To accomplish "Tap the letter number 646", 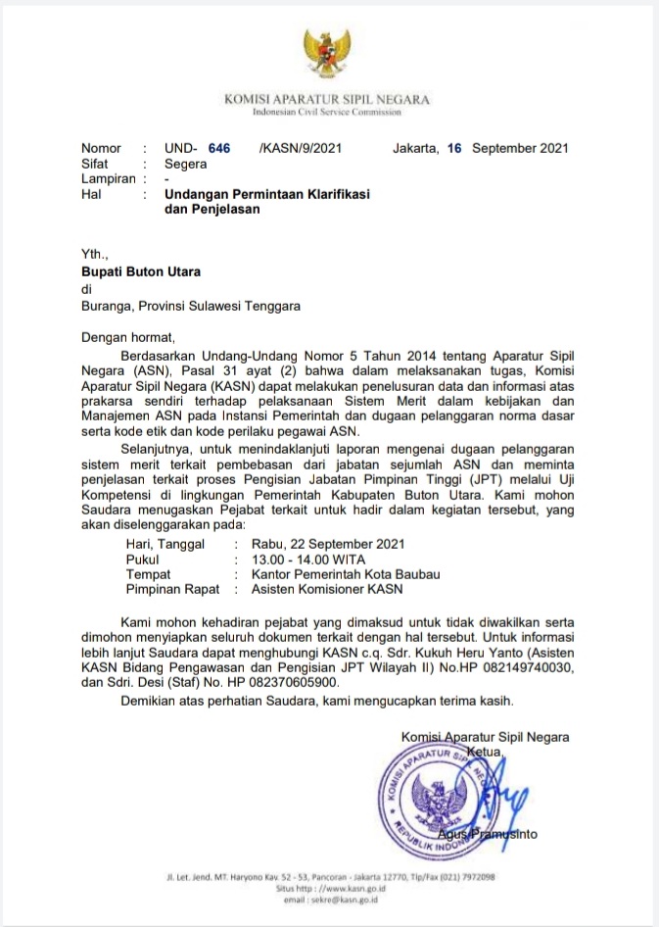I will pyautogui.click(x=219, y=148).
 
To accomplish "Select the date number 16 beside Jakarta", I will pyautogui.click(x=453, y=148).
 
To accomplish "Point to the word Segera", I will pyautogui.click(x=186, y=164).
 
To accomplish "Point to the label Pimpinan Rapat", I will pyautogui.click(x=174, y=590).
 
